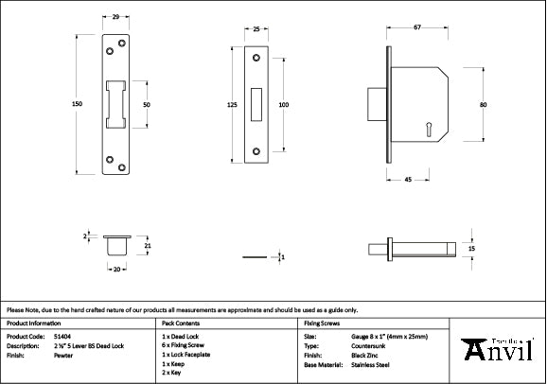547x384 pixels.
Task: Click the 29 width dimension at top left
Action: coord(115,17)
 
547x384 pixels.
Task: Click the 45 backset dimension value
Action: coord(406,177)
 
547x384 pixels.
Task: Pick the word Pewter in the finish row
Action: coord(62,354)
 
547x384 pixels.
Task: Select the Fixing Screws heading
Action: coord(322,323)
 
